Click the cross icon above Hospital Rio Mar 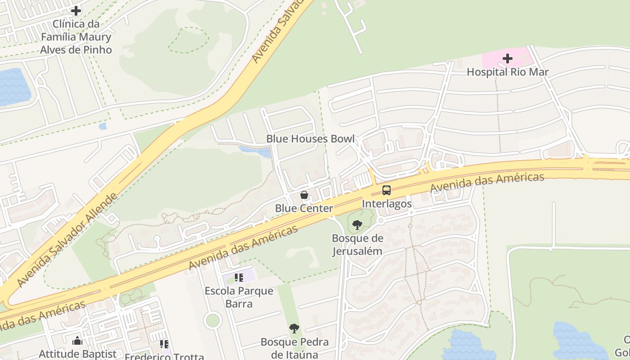pos(508,58)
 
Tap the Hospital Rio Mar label pos(508,72)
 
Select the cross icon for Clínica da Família pos(76,10)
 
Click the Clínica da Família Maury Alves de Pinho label pos(76,37)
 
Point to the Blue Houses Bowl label pos(310,139)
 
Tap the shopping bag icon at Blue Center pos(304,195)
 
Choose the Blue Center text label pos(304,208)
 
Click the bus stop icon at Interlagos pos(387,190)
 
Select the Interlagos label pos(387,204)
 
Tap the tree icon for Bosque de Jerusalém pos(357,225)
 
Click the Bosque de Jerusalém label pos(357,244)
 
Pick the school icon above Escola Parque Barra pos(239,277)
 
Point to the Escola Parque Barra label pos(239,297)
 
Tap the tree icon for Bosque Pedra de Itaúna pos(294,328)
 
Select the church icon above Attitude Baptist pos(77,341)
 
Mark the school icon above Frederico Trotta pos(164,344)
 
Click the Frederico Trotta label pos(164,356)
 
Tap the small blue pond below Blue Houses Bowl pos(255,151)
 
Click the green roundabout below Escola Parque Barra pos(212,320)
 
